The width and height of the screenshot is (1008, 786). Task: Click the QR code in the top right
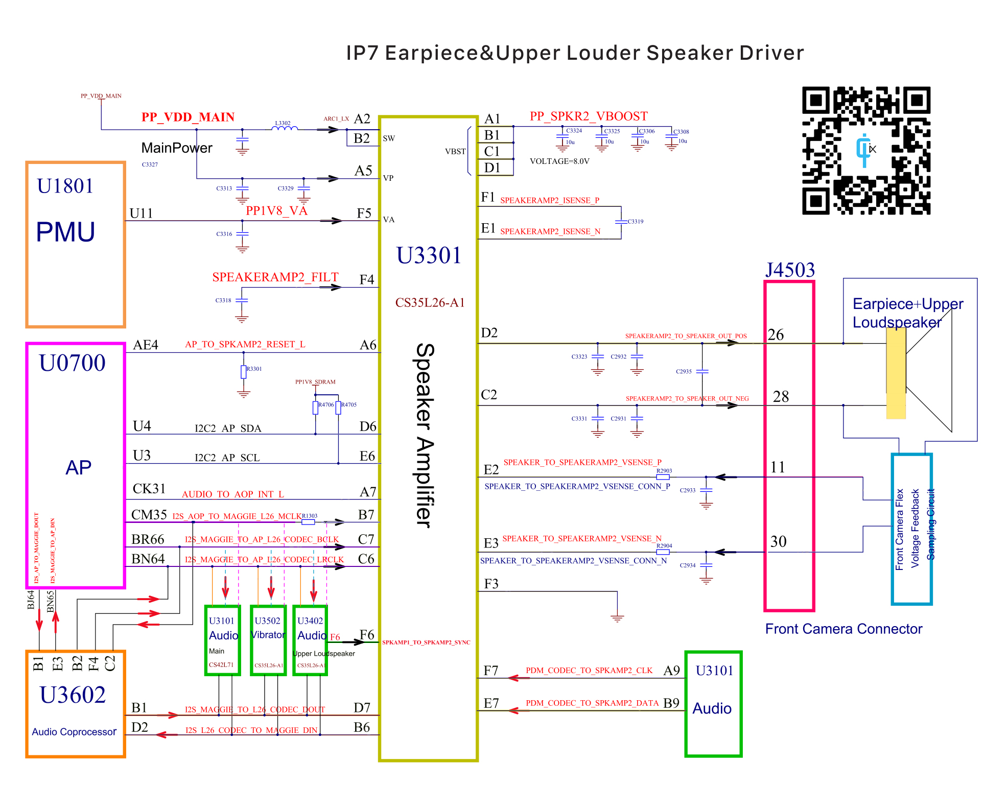(866, 150)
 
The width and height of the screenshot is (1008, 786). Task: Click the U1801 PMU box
(76, 244)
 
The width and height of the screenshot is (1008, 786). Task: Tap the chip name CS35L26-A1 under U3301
(430, 303)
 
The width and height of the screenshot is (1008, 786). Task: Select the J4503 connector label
(790, 270)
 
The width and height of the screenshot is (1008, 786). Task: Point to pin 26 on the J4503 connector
(776, 335)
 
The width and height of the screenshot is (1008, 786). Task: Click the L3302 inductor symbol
(284, 128)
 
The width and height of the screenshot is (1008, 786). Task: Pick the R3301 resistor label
(254, 369)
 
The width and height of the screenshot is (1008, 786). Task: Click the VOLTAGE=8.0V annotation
(559, 161)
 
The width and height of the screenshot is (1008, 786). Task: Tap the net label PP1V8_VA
(276, 211)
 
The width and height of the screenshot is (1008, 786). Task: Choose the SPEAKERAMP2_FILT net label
(275, 277)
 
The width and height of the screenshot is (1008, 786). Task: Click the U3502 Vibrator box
(268, 640)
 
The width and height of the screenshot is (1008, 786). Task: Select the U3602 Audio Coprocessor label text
(74, 732)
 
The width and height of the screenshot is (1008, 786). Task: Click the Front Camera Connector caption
(843, 629)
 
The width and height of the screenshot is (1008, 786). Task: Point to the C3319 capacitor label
(636, 222)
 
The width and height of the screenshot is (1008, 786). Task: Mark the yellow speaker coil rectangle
(896, 373)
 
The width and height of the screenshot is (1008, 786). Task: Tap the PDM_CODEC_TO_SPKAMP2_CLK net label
(589, 671)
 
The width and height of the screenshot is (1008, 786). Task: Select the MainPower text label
(177, 148)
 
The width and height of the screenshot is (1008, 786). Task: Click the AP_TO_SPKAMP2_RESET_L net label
(245, 345)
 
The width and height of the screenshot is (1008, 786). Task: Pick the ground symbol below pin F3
(617, 618)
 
